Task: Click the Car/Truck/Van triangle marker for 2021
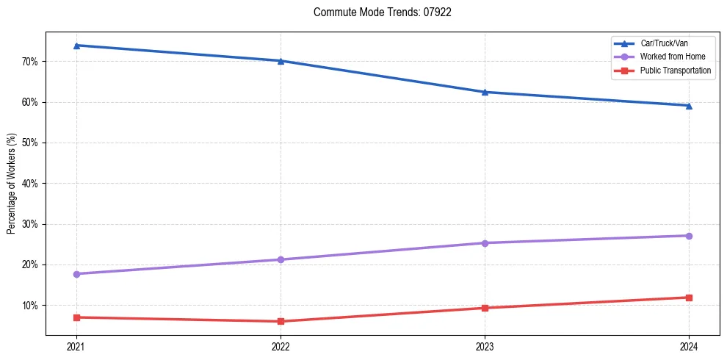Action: pyautogui.click(x=76, y=46)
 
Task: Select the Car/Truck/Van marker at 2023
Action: pyautogui.click(x=485, y=92)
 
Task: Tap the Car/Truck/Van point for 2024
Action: pyautogui.click(x=689, y=106)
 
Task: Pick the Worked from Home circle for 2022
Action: pyautogui.click(x=281, y=259)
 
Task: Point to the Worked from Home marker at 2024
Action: pyautogui.click(x=689, y=236)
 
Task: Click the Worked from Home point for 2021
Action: pyautogui.click(x=76, y=274)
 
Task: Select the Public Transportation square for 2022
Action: pyautogui.click(x=281, y=321)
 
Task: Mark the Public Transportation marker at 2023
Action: pyautogui.click(x=485, y=308)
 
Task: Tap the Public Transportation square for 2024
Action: pyautogui.click(x=689, y=298)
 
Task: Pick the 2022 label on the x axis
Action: pyautogui.click(x=281, y=346)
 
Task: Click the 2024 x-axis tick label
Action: pyautogui.click(x=689, y=346)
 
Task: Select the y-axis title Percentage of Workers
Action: pyautogui.click(x=11, y=184)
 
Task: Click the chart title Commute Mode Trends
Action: pyautogui.click(x=382, y=12)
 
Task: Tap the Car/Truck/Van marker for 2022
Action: pyautogui.click(x=281, y=61)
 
